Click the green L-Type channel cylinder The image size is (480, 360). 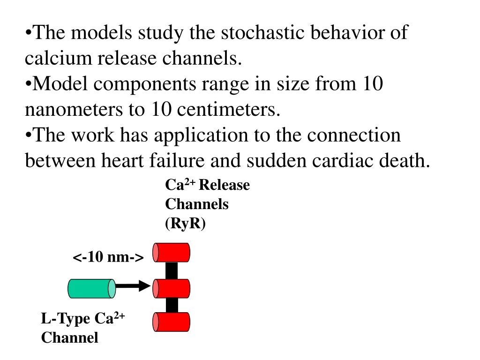(x=92, y=288)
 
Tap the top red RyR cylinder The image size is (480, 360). (x=172, y=253)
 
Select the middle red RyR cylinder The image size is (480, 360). (x=172, y=288)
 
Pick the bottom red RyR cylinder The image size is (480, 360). (x=172, y=322)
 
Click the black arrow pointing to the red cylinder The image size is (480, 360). (x=133, y=286)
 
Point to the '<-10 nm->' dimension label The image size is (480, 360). (x=108, y=256)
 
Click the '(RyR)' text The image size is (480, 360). (x=185, y=223)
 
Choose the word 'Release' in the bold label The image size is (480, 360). (x=224, y=185)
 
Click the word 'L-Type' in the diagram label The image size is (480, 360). (x=66, y=319)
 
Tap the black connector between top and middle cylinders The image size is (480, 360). (x=172, y=270)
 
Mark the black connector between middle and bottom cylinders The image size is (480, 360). (x=172, y=305)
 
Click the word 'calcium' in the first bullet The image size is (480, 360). (x=58, y=58)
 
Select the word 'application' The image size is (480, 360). (x=201, y=135)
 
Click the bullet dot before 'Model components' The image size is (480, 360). (x=28, y=83)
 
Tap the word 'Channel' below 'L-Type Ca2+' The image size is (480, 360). (x=69, y=337)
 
